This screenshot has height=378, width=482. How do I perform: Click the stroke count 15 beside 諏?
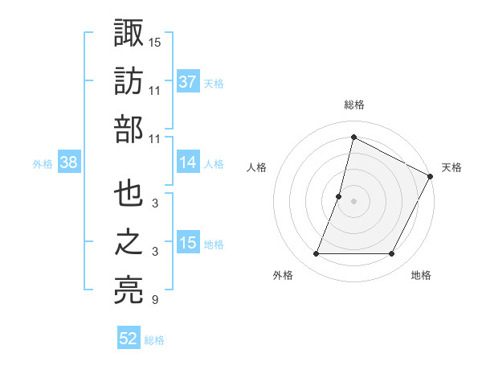point(155,41)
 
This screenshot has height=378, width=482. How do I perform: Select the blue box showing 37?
point(188,82)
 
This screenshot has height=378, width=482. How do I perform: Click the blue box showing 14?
point(188,162)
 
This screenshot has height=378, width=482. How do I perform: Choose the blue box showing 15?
point(188,243)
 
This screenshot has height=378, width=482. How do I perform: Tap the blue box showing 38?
point(69,162)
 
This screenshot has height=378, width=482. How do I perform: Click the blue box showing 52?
point(129,339)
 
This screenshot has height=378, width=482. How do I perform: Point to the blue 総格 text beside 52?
point(154,340)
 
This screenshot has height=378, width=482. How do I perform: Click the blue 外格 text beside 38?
point(43,164)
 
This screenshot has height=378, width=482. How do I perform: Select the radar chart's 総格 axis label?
point(353,105)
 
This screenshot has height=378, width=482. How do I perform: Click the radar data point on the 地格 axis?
point(392,254)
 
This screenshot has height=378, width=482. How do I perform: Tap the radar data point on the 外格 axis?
point(316,254)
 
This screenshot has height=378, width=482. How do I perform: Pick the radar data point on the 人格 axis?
point(339,196)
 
